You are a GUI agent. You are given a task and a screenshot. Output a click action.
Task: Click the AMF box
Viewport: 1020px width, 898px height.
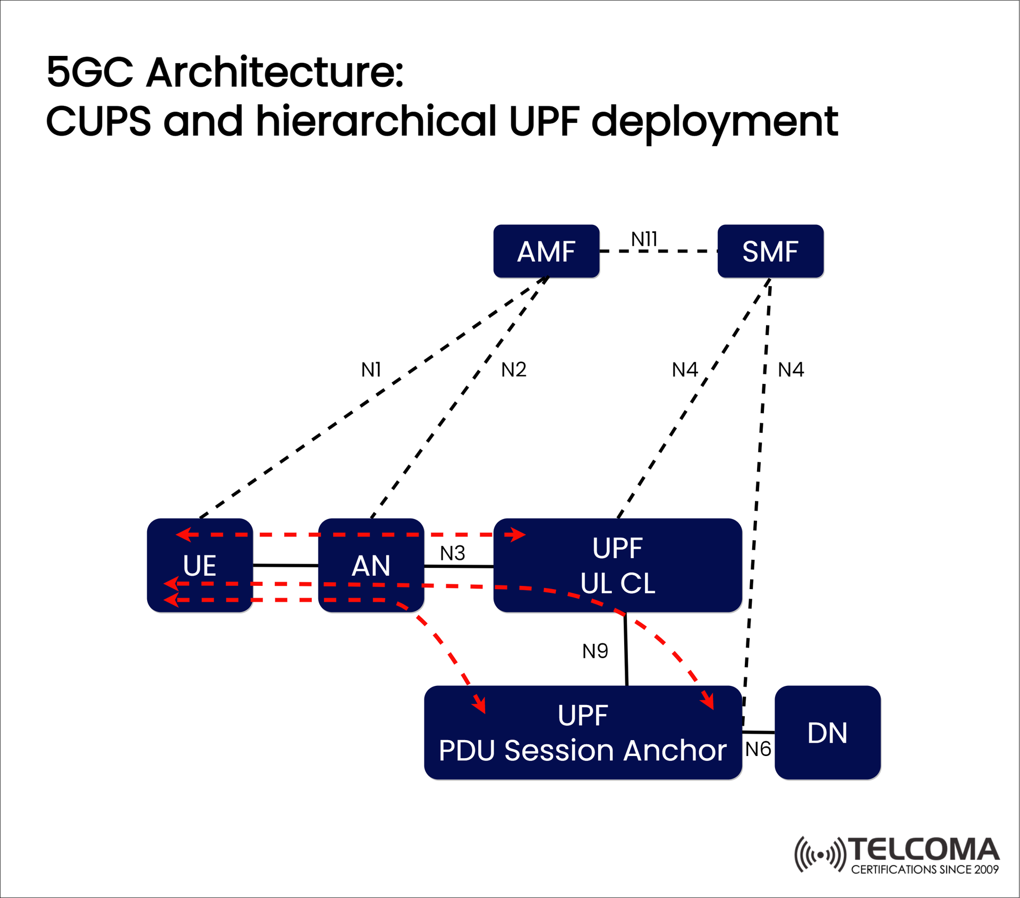[x=546, y=251]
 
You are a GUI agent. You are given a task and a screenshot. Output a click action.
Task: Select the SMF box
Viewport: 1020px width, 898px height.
[x=770, y=251]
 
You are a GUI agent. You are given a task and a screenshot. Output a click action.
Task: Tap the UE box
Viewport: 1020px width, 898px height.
[x=200, y=565]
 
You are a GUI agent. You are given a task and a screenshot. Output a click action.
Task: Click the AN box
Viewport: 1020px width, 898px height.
[x=371, y=565]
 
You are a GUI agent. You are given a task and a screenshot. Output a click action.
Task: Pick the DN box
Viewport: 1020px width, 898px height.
[x=827, y=733]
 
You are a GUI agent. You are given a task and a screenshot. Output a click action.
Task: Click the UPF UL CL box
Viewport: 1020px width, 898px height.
[x=617, y=565]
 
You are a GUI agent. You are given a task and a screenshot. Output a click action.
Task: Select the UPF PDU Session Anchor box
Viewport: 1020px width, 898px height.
[x=583, y=733]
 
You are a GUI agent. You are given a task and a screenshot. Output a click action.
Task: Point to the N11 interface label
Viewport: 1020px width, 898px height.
[x=644, y=239]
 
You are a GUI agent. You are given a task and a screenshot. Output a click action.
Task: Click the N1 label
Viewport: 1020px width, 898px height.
[x=371, y=370]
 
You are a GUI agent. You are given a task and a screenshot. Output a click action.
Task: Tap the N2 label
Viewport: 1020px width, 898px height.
[x=514, y=370]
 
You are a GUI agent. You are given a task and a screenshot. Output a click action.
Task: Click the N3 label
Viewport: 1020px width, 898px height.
[x=453, y=553]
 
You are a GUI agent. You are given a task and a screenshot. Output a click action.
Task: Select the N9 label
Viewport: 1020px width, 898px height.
[x=595, y=651]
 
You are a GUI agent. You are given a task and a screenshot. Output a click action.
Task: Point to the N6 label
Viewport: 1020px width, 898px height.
[x=758, y=749]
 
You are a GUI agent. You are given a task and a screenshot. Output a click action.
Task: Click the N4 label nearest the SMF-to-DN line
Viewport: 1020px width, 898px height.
[x=791, y=370]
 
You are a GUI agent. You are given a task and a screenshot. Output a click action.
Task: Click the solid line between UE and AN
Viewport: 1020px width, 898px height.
[x=285, y=565]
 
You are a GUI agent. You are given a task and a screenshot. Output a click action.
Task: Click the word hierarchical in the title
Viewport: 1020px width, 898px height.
[x=376, y=121]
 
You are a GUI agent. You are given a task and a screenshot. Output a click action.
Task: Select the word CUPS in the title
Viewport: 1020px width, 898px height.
[x=99, y=121]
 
